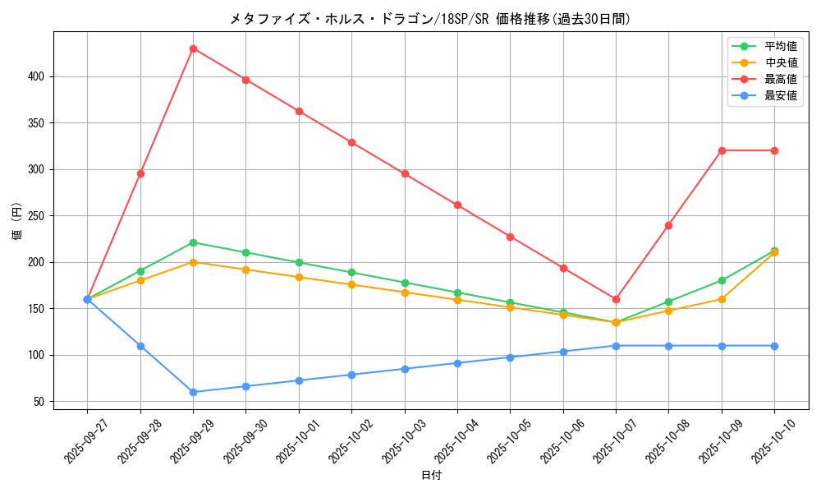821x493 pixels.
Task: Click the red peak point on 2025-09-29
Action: point(193,48)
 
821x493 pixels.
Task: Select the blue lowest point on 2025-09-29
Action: point(193,392)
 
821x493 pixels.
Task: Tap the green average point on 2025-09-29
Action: point(193,242)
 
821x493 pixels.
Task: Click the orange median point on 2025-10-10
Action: point(774,252)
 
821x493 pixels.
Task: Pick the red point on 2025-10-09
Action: point(722,150)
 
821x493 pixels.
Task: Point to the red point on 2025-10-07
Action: point(616,299)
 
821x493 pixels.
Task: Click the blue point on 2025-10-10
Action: point(774,346)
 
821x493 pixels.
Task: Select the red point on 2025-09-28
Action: point(140,173)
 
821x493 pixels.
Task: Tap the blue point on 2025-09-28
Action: point(140,346)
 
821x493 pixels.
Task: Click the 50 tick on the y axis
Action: point(40,402)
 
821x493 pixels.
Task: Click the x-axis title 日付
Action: point(431,476)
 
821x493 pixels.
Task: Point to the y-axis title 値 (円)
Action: point(17,221)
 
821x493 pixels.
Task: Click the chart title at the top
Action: point(431,19)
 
